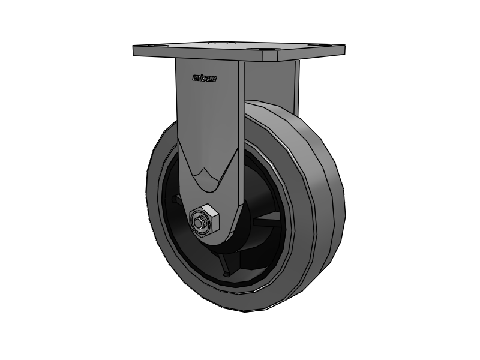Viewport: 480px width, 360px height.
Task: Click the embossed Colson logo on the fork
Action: coord(204,77)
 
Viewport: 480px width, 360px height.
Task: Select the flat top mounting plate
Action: coord(240,48)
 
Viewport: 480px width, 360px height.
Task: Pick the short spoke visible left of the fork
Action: coord(175,199)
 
